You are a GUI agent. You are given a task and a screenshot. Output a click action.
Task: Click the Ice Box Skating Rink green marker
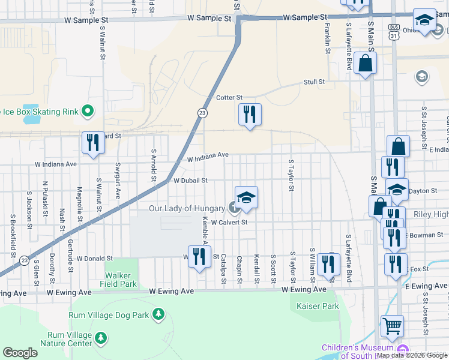point(88,111)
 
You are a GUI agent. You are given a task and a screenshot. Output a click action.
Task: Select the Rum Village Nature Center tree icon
point(101,338)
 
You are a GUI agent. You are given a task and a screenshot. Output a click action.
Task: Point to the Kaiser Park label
point(318,306)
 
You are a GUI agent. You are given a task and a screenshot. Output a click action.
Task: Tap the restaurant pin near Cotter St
point(250,114)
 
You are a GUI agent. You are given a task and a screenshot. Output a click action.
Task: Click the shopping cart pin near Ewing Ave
point(392,326)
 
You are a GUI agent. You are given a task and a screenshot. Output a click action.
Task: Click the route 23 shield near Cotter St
point(203,113)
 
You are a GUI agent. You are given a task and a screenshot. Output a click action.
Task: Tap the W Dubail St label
point(190,180)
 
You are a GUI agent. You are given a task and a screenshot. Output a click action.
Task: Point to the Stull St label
point(314,82)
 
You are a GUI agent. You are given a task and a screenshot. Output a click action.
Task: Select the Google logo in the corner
point(20,353)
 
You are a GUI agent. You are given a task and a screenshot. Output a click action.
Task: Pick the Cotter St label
point(229,97)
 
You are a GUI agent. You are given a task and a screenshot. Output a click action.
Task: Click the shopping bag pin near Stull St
point(365,63)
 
